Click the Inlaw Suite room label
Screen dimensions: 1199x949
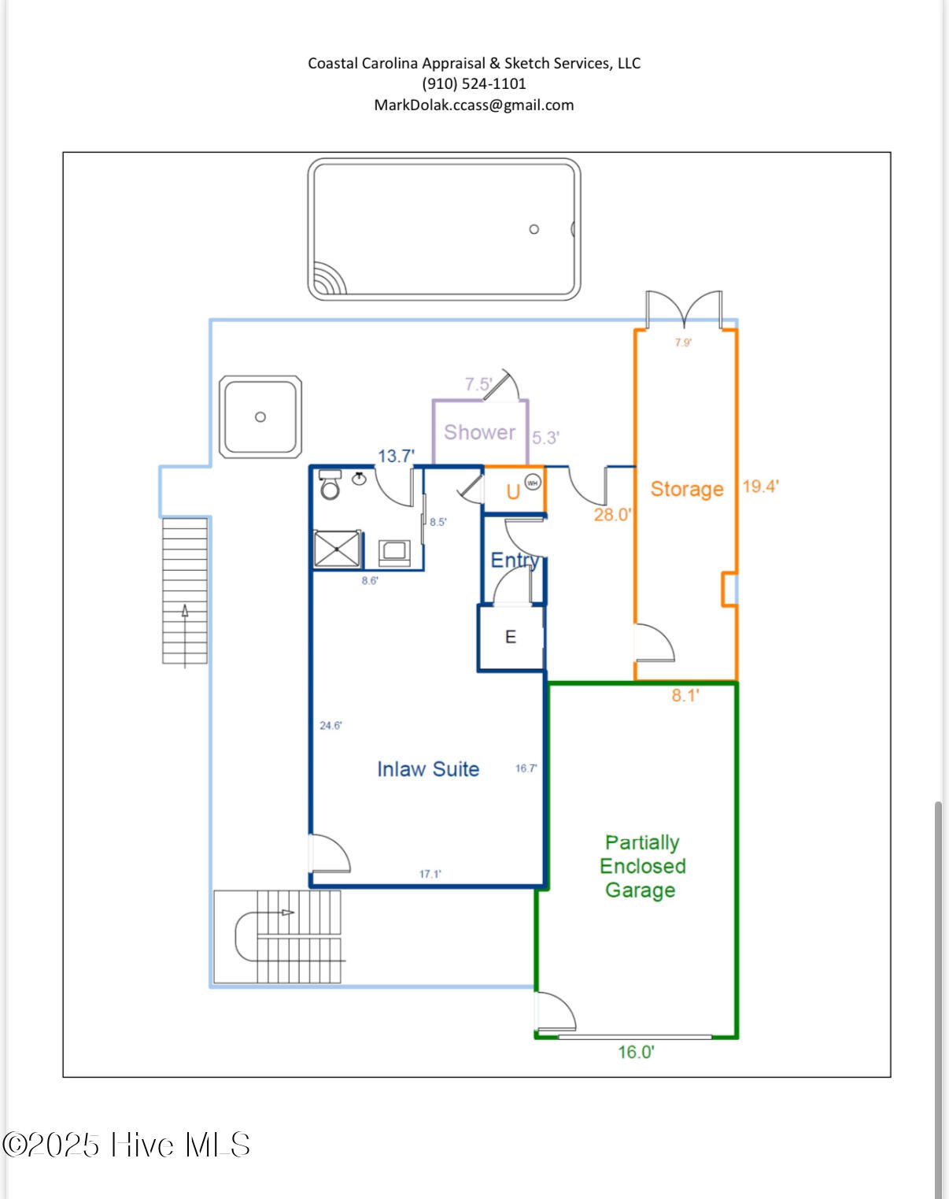pyautogui.click(x=428, y=769)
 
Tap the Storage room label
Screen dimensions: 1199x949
pyautogui.click(x=686, y=489)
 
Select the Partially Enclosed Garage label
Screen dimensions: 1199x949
pyautogui.click(x=642, y=866)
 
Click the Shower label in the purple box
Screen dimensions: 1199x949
pyautogui.click(x=479, y=432)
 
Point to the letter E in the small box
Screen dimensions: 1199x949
pyautogui.click(x=511, y=637)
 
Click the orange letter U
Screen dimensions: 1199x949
pyautogui.click(x=513, y=492)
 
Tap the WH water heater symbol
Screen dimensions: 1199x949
pyautogui.click(x=533, y=483)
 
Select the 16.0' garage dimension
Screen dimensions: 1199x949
pyautogui.click(x=636, y=1052)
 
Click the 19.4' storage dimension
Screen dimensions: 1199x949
pyautogui.click(x=760, y=487)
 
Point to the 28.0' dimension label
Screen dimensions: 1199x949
pyautogui.click(x=612, y=515)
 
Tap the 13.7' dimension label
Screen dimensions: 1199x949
pyautogui.click(x=396, y=456)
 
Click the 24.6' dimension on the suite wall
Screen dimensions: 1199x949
pyautogui.click(x=330, y=725)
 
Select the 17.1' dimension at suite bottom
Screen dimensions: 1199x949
pyautogui.click(x=430, y=874)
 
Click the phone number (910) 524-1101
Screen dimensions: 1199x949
pyautogui.click(x=474, y=83)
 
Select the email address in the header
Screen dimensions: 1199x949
pyautogui.click(x=474, y=105)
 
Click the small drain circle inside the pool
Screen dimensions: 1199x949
pyautogui.click(x=534, y=229)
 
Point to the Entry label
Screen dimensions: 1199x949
pyautogui.click(x=514, y=560)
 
